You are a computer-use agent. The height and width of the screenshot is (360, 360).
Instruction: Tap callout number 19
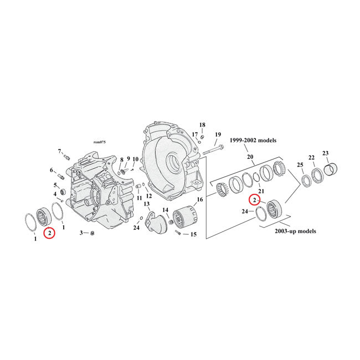tap(218, 135)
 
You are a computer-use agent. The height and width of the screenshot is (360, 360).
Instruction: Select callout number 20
tap(250, 157)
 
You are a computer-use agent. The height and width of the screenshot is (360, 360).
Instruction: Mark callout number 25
tap(300, 166)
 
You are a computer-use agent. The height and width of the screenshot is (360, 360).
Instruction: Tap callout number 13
tap(147, 204)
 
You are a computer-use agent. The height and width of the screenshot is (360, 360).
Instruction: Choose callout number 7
tap(59, 151)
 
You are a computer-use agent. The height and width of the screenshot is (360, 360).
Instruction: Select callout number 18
tap(202, 125)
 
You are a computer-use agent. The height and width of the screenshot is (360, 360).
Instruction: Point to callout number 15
tap(193, 234)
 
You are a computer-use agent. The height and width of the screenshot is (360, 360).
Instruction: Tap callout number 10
tap(135, 160)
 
